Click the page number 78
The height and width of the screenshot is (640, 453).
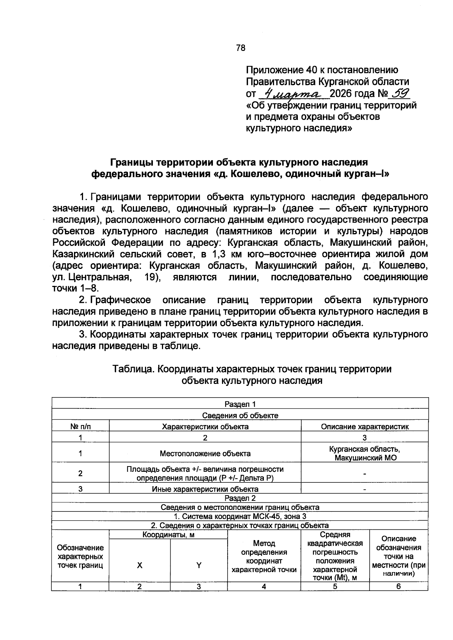click(x=240, y=48)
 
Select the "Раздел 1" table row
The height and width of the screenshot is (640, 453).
click(x=240, y=404)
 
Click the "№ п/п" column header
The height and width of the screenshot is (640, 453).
click(x=80, y=427)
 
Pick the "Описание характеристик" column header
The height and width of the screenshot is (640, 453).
click(x=365, y=427)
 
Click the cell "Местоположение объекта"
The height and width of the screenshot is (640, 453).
click(x=205, y=453)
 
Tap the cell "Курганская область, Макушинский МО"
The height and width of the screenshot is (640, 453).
click(x=365, y=453)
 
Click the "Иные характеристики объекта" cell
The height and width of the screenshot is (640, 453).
click(x=205, y=489)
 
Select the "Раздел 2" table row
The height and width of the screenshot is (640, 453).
click(x=240, y=498)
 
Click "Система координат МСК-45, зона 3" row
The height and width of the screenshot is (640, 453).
click(x=240, y=516)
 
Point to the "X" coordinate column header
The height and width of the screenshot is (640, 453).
click(x=140, y=565)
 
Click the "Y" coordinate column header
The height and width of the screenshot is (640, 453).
click(x=199, y=565)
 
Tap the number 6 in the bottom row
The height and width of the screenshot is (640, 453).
click(x=398, y=586)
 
